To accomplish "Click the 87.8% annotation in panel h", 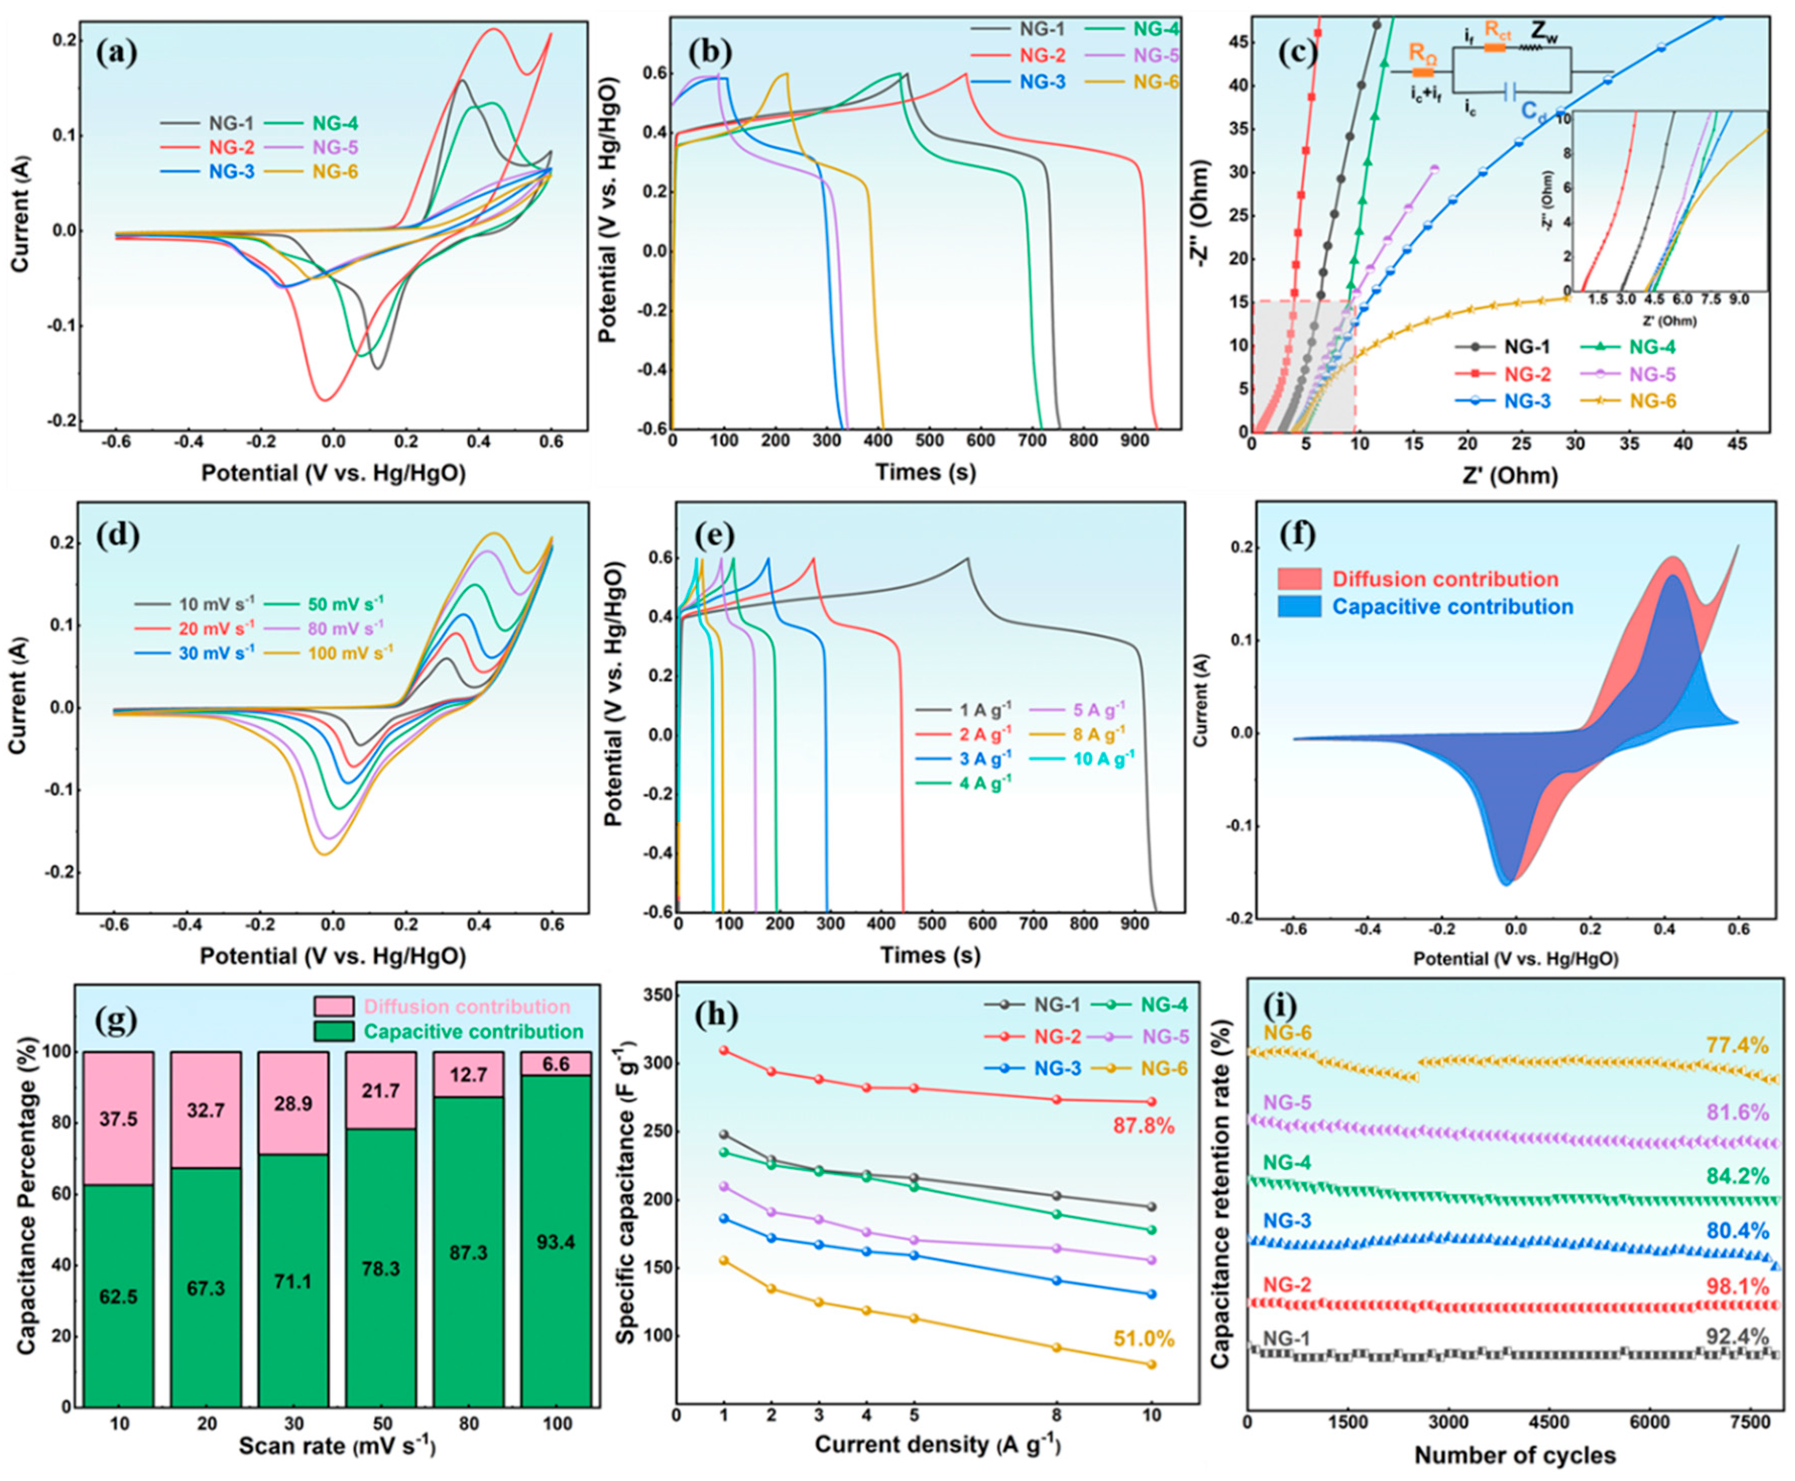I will (1143, 1126).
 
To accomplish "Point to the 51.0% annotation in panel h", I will (1143, 1339).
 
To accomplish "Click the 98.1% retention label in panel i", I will (1737, 1286).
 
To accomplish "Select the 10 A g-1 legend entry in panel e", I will (1103, 758).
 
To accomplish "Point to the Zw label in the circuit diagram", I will (1544, 32).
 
